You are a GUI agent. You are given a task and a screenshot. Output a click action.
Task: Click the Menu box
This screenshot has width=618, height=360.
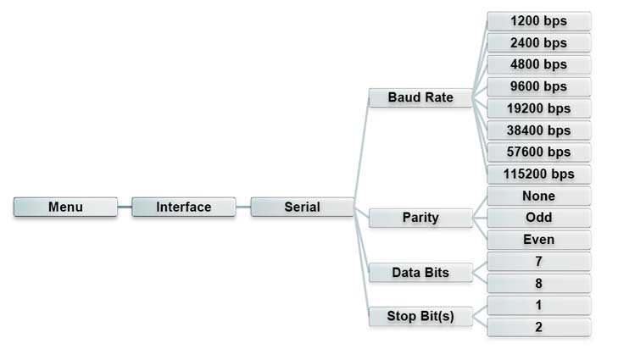point(65,207)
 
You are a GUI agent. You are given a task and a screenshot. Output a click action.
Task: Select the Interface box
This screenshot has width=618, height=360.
point(183,207)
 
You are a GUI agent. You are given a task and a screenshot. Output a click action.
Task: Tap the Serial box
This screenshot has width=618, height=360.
point(302,207)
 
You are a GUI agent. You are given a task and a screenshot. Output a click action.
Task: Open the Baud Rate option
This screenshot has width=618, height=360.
point(420,97)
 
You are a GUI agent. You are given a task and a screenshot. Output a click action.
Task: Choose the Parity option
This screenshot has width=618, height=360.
point(420,218)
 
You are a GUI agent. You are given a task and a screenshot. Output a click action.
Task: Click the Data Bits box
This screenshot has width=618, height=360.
point(420,273)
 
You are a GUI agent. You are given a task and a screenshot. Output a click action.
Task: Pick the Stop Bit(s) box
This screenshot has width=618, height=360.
point(420,316)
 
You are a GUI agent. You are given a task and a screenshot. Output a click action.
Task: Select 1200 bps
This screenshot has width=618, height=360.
point(538,20)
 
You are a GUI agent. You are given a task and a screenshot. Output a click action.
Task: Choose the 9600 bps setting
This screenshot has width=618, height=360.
point(538,86)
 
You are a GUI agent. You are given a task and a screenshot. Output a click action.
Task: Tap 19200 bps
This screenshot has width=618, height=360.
point(538,108)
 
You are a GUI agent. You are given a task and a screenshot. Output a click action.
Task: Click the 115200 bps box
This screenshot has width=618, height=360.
point(538,174)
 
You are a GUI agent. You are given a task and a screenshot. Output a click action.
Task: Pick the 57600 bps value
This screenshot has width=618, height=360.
point(538,152)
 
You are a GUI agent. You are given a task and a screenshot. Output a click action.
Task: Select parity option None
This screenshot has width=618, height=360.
point(538,196)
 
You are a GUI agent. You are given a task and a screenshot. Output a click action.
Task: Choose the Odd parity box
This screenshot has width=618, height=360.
point(538,218)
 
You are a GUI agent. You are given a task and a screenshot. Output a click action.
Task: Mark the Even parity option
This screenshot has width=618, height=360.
point(538,240)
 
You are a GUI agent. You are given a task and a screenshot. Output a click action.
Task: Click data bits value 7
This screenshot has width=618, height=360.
point(538,262)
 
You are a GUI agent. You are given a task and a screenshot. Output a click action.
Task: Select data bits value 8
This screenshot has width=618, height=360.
point(538,284)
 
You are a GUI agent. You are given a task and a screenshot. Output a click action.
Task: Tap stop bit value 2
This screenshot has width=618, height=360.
point(538,327)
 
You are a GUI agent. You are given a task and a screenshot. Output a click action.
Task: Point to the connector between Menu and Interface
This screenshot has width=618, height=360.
point(125,207)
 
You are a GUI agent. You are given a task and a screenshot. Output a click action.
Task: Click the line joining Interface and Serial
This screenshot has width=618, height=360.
point(242,207)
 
